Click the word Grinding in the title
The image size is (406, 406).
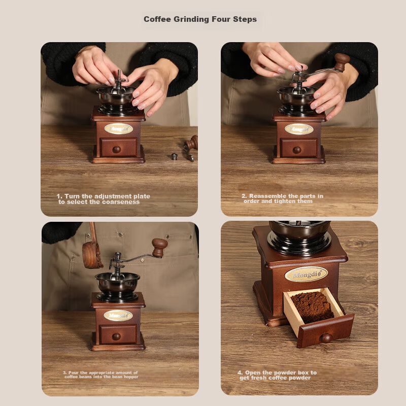point(191,19)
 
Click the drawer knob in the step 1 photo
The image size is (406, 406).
point(117,149)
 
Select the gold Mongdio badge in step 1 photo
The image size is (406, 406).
point(119,129)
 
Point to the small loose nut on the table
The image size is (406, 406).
point(175,156)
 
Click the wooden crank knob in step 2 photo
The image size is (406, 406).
point(342,62)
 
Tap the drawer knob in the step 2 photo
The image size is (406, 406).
point(297,150)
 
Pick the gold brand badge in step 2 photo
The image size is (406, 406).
point(299,129)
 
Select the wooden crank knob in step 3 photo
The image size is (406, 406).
point(159,248)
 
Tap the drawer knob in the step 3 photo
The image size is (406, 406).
point(116,336)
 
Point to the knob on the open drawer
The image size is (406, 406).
point(326,338)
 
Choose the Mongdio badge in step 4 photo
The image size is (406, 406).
point(306,274)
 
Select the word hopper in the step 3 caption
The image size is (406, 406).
point(131,377)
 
